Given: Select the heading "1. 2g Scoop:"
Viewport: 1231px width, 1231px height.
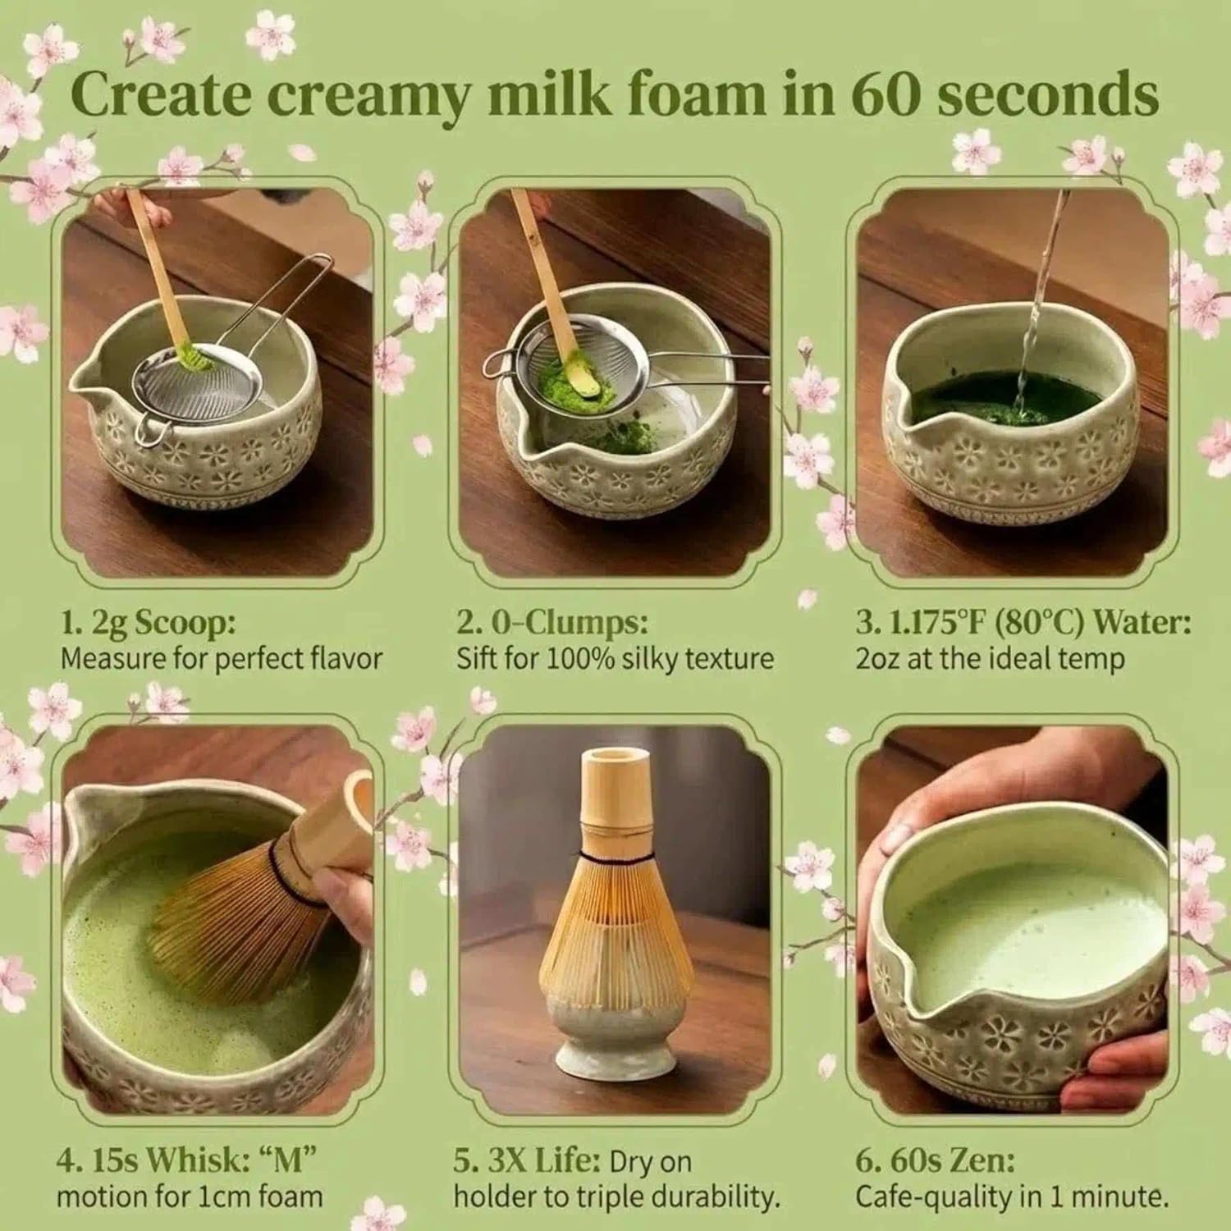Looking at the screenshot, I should pos(148,622).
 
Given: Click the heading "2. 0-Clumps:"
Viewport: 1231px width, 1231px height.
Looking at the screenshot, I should pos(552,622).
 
